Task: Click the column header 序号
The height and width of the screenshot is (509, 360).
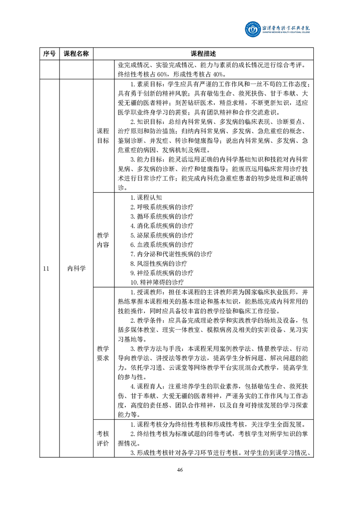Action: click(49, 54)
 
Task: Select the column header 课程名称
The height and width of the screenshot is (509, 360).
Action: click(76, 54)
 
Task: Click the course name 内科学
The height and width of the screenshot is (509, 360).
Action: click(76, 269)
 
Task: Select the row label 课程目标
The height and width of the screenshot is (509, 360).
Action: click(103, 136)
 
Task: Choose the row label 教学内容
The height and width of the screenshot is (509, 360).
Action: click(103, 240)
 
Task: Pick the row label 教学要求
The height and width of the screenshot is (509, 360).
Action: click(103, 353)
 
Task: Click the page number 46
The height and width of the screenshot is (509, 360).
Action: click(180, 470)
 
